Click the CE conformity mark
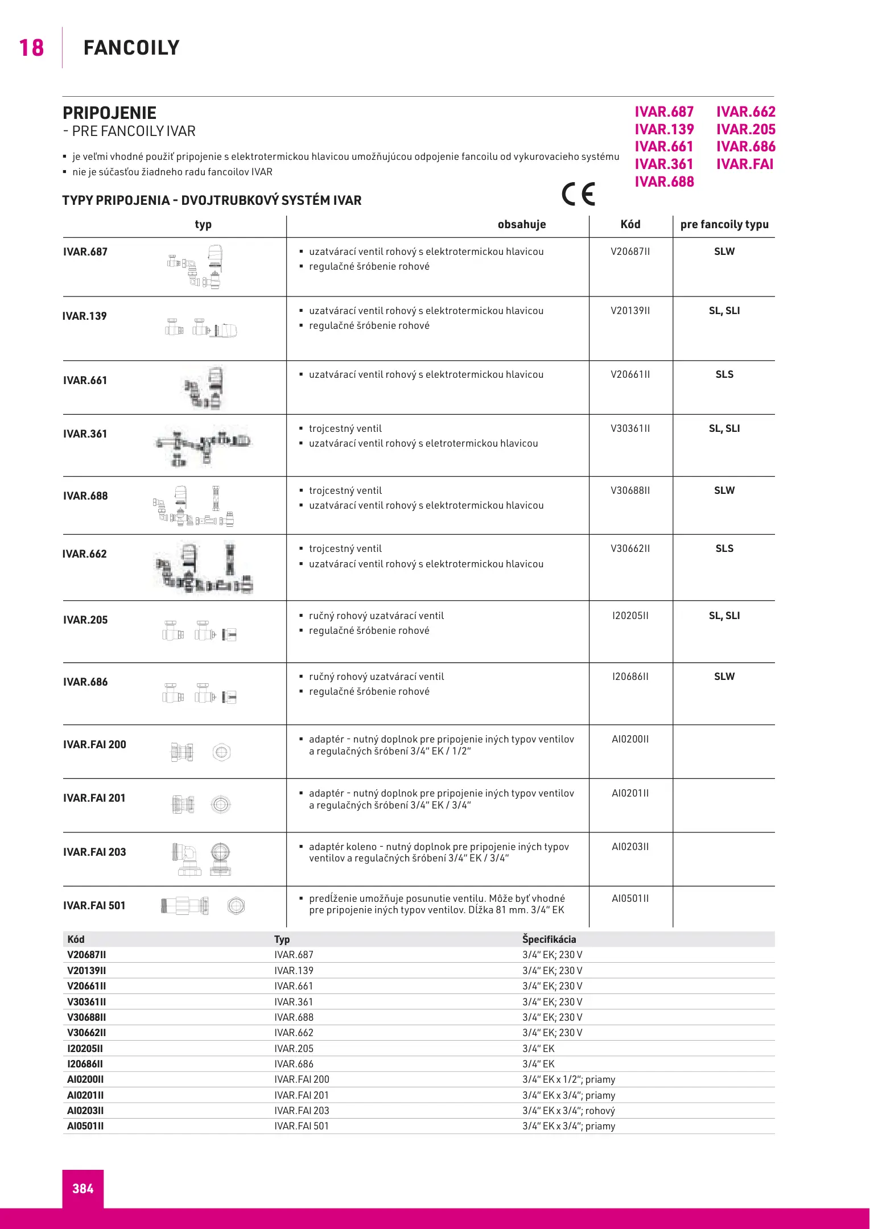pyautogui.click(x=578, y=194)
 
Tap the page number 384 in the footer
pyautogui.click(x=83, y=1188)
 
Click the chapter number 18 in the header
pyautogui.click(x=31, y=48)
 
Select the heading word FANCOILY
pyautogui.click(x=131, y=48)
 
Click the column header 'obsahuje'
pyautogui.click(x=521, y=224)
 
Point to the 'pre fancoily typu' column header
pyautogui.click(x=724, y=224)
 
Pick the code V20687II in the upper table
pyautogui.click(x=630, y=251)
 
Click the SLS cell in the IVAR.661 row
pyautogui.click(x=724, y=374)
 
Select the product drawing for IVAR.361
pyautogui.click(x=202, y=445)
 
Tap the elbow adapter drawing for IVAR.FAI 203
pyautogui.click(x=202, y=859)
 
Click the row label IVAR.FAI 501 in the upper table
pyautogui.click(x=94, y=905)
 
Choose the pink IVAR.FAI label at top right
pyautogui.click(x=744, y=164)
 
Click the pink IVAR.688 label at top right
pyautogui.click(x=664, y=182)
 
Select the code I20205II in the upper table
pyautogui.click(x=630, y=616)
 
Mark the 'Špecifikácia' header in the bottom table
pyautogui.click(x=549, y=939)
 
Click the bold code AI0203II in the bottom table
pyautogui.click(x=85, y=1111)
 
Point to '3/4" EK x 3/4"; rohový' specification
pyautogui.click(x=568, y=1111)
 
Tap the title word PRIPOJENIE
pyautogui.click(x=109, y=113)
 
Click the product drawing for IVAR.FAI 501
pyautogui.click(x=202, y=906)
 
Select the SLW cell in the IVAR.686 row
pyautogui.click(x=724, y=677)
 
